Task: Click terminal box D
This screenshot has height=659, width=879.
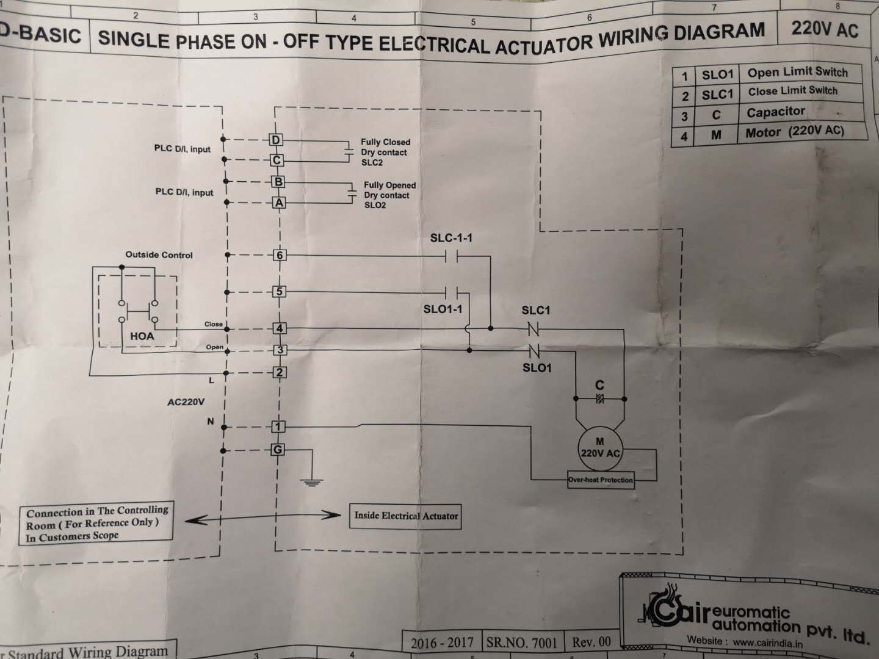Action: pyautogui.click(x=277, y=140)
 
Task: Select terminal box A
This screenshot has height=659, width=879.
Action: pyautogui.click(x=279, y=203)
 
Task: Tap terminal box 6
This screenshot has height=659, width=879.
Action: pyautogui.click(x=280, y=255)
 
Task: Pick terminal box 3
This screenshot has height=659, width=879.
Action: pyautogui.click(x=280, y=350)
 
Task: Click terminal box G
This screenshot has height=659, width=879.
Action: pyautogui.click(x=278, y=450)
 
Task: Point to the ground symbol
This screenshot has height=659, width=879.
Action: pyautogui.click(x=312, y=482)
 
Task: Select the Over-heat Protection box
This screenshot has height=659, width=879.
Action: pyautogui.click(x=601, y=480)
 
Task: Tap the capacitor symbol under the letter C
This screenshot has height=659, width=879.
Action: pyautogui.click(x=599, y=399)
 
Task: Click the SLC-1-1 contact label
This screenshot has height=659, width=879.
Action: pyautogui.click(x=451, y=238)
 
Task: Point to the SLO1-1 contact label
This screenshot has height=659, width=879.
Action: pyautogui.click(x=443, y=309)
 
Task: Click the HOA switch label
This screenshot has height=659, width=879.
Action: pyautogui.click(x=142, y=336)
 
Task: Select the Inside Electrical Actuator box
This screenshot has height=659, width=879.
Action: pyautogui.click(x=406, y=516)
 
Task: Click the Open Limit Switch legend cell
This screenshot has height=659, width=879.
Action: pyautogui.click(x=797, y=73)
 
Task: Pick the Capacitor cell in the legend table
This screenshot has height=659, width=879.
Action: pyautogui.click(x=776, y=112)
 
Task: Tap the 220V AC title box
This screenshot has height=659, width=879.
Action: pyautogui.click(x=824, y=29)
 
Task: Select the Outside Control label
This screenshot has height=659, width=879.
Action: pyautogui.click(x=159, y=255)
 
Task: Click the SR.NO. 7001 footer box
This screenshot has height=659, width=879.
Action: pyautogui.click(x=521, y=643)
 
